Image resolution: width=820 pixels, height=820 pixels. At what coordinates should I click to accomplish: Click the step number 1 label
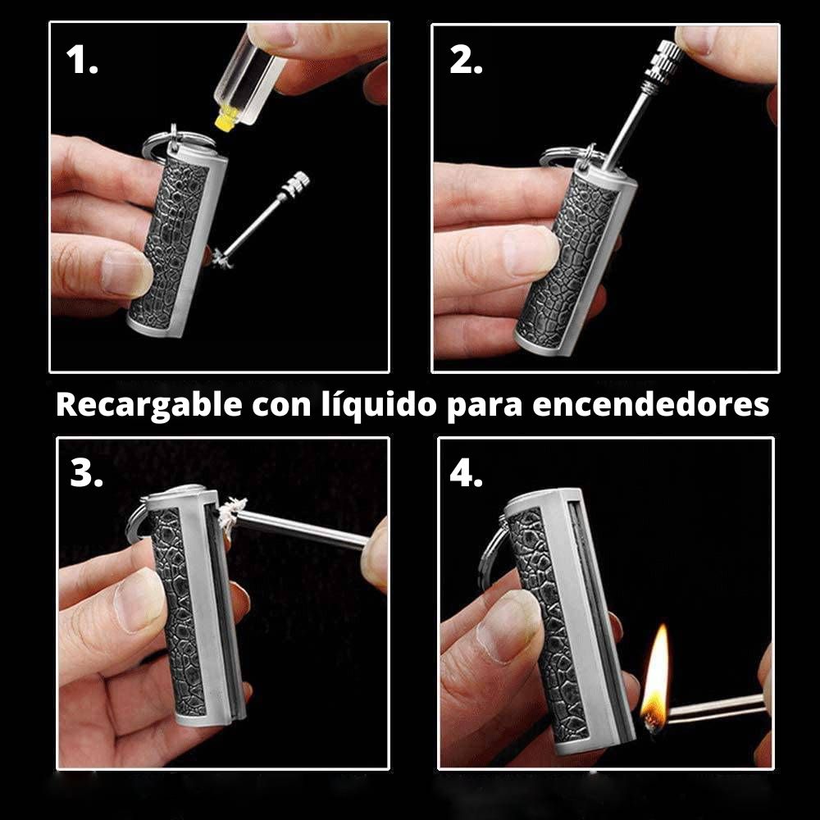pyautogui.click(x=82, y=59)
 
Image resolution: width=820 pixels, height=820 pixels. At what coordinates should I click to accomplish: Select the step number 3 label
pyautogui.click(x=86, y=473)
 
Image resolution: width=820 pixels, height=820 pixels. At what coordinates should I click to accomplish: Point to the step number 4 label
pyautogui.click(x=466, y=473)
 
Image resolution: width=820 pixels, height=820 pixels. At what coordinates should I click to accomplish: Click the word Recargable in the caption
pyautogui.click(x=149, y=405)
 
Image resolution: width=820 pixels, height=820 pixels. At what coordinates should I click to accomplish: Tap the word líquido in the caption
pyautogui.click(x=379, y=405)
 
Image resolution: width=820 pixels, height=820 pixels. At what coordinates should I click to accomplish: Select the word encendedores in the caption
pyautogui.click(x=650, y=405)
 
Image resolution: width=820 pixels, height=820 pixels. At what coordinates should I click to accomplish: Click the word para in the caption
pyautogui.click(x=485, y=408)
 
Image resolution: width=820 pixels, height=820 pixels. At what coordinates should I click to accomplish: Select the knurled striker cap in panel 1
pyautogui.click(x=295, y=184)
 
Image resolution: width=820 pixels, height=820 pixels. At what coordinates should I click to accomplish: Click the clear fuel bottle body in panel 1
pyautogui.click(x=250, y=79)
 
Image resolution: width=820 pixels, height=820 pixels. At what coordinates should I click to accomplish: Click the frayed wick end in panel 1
pyautogui.click(x=221, y=258)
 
